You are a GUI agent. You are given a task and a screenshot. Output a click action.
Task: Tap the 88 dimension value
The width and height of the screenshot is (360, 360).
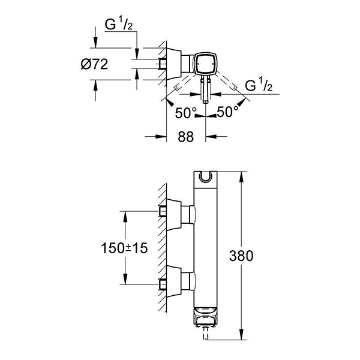click(186, 137)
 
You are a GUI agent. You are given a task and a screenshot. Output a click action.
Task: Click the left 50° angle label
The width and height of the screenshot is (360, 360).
click(185, 112)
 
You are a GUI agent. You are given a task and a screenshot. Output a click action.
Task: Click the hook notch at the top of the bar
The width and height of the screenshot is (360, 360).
click(206, 176)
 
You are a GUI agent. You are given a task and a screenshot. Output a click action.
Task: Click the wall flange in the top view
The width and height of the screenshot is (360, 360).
click(173, 63)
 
